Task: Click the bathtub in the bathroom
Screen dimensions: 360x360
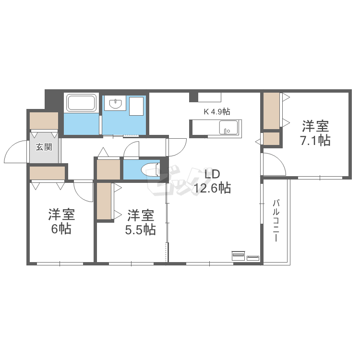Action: tap(81, 103)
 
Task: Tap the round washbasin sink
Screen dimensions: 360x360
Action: tap(116, 104)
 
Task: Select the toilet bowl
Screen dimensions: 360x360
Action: tap(151, 170)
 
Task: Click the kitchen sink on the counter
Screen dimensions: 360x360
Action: tap(228, 127)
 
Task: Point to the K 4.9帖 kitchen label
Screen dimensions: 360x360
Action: tap(217, 112)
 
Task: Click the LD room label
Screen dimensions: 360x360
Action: tap(212, 174)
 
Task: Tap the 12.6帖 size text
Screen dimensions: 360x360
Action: tap(213, 188)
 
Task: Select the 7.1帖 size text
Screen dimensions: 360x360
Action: tap(315, 140)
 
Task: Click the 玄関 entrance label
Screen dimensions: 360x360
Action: tap(44, 147)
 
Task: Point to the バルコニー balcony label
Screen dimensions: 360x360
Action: tap(276, 221)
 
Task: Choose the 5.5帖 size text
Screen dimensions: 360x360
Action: tap(141, 230)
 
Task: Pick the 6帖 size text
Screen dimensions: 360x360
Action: tap(61, 229)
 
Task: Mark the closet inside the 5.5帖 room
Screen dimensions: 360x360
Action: tap(104, 201)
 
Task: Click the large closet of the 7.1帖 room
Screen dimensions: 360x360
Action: tap(271, 111)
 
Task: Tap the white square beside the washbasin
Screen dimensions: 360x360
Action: tap(136, 106)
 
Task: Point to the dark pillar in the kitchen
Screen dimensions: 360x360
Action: tap(193, 97)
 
